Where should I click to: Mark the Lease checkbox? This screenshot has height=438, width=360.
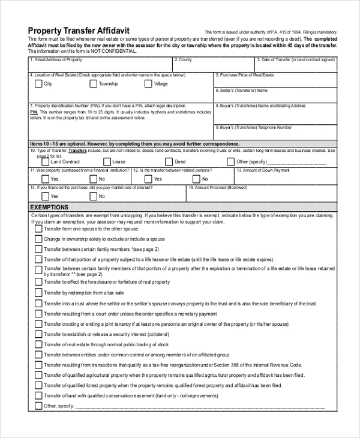[x=106, y=161]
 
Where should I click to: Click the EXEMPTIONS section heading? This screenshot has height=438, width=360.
[x=49, y=207]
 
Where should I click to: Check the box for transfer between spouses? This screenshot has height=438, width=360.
[x=38, y=229]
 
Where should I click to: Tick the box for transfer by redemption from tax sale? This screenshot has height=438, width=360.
[x=38, y=292]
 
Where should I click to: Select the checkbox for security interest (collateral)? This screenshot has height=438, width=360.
[x=38, y=334]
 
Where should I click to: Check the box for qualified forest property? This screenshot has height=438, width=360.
[x=38, y=385]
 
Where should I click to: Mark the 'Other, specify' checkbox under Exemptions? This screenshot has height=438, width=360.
[x=38, y=406]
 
